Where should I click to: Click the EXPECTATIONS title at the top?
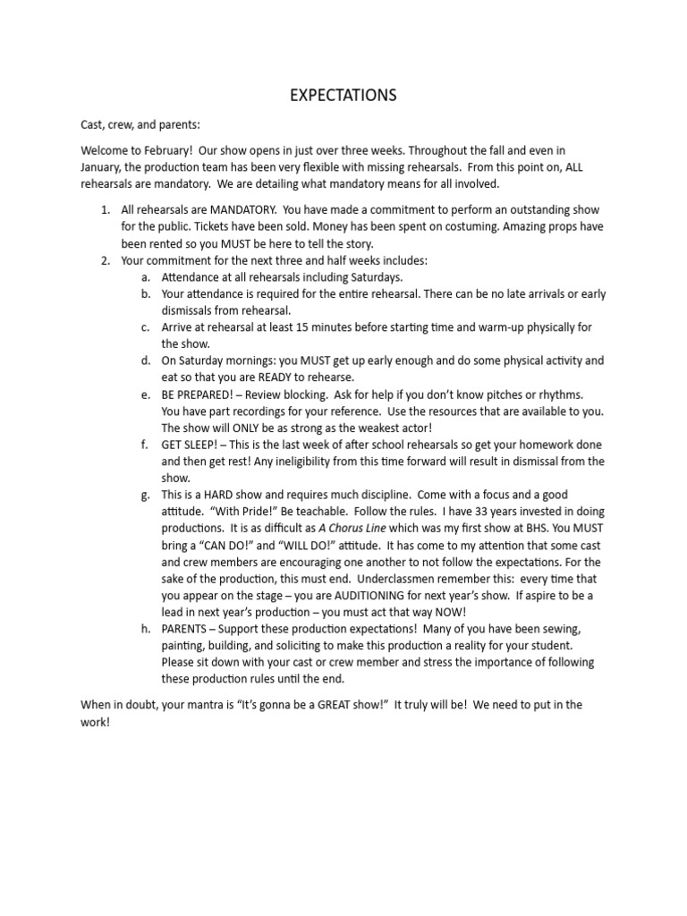[x=343, y=95]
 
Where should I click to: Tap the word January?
[x=103, y=167]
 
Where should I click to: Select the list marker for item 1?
[x=104, y=210]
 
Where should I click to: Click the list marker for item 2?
[x=104, y=260]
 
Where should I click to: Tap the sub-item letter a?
[x=144, y=277]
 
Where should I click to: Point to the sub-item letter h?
[x=144, y=629]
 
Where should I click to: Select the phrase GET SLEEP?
[x=191, y=445]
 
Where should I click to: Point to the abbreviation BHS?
[x=510, y=529]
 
